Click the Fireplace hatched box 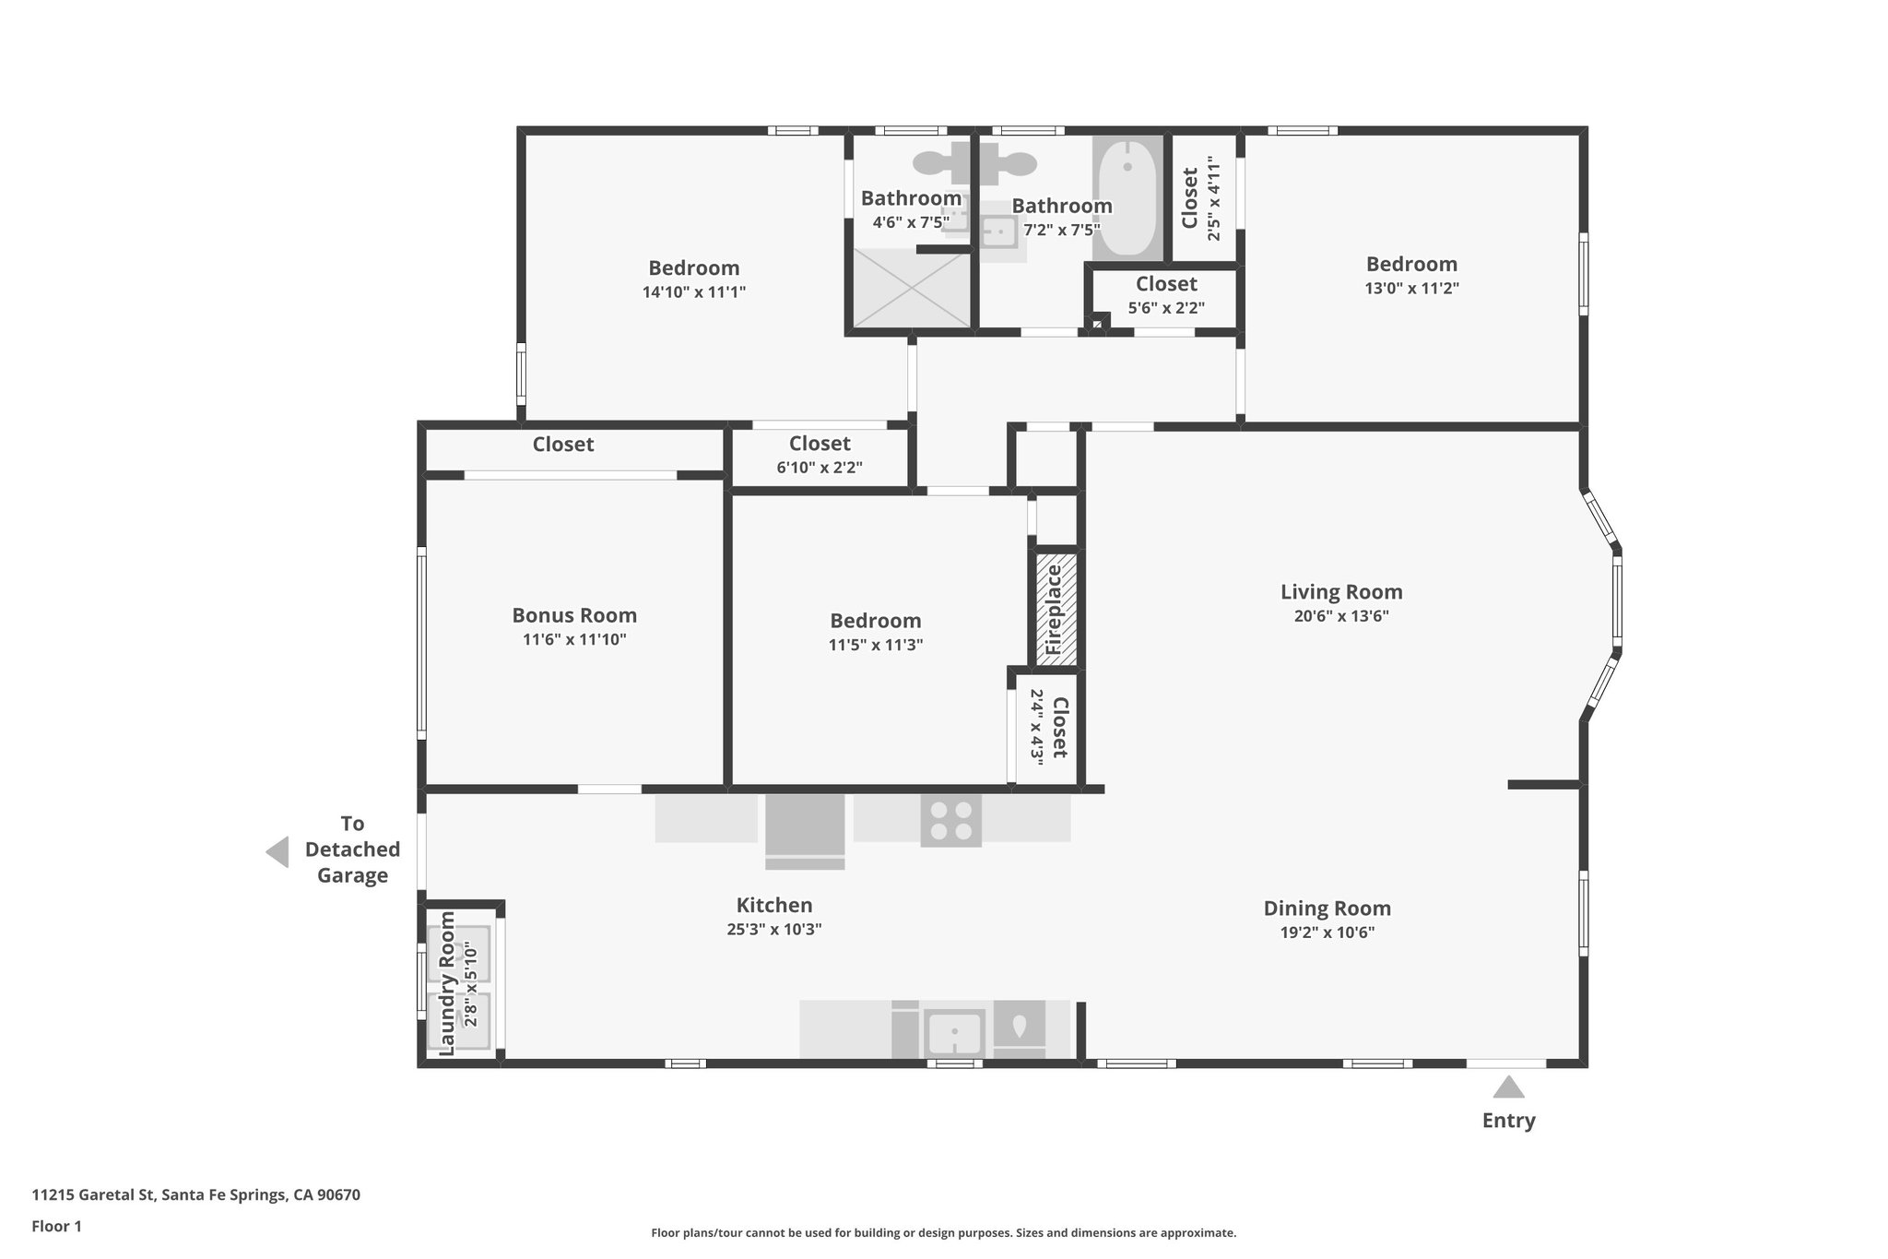pos(1056,609)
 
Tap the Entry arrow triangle pos(1508,1088)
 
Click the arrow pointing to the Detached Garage pos(277,851)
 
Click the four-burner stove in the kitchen pos(951,820)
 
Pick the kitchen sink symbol pos(955,1032)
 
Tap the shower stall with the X pos(911,289)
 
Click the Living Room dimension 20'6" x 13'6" pos(1341,616)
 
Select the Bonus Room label pos(574,615)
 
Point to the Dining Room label pos(1327,909)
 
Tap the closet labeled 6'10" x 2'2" pos(820,456)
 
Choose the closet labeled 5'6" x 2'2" pos(1166,295)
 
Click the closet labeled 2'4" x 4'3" pos(1047,728)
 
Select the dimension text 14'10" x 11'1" pos(693,292)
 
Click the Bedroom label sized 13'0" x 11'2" pos(1411,265)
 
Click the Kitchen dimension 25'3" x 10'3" pos(773,930)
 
